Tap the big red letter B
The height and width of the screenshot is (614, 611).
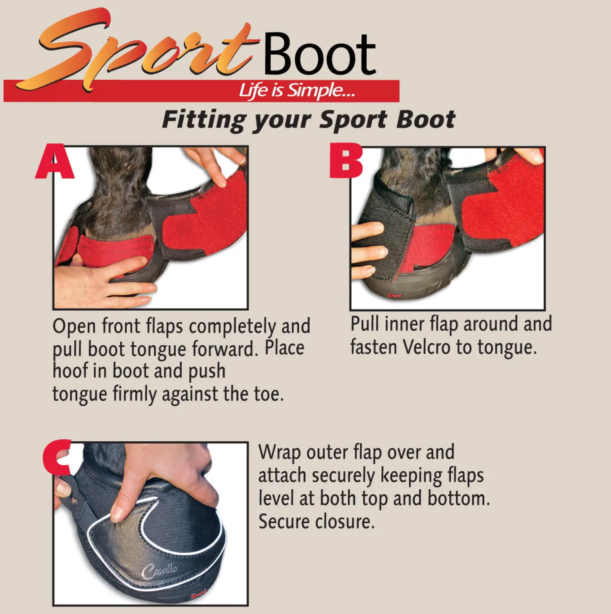click(346, 161)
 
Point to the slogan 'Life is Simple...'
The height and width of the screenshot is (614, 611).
click(297, 90)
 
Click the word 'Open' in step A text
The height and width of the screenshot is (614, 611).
click(74, 327)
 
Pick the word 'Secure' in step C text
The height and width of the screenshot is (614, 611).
click(284, 522)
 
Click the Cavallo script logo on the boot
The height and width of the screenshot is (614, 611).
click(159, 570)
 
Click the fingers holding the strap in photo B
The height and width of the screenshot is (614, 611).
click(367, 248)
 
